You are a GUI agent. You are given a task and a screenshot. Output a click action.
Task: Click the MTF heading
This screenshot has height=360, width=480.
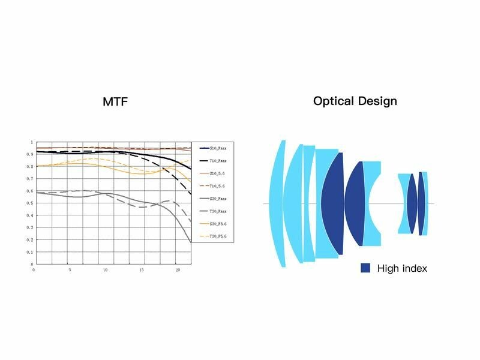115,101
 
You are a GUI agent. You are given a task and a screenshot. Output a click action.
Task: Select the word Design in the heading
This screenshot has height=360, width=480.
377,101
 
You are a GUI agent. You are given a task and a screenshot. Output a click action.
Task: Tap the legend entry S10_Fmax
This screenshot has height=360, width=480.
218,148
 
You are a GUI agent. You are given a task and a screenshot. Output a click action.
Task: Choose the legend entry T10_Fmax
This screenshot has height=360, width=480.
218,161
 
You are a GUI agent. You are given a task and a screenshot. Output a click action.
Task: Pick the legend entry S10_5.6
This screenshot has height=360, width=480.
217,173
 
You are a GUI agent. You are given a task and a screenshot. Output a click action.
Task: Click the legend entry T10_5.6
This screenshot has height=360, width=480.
217,186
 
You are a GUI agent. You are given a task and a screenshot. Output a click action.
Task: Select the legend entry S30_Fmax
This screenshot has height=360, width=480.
218,199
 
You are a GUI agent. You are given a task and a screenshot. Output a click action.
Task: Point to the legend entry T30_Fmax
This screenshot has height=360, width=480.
218,211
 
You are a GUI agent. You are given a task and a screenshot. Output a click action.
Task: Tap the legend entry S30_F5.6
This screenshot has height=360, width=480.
218,224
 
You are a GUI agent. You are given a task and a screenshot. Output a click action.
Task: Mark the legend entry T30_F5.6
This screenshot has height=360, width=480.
218,236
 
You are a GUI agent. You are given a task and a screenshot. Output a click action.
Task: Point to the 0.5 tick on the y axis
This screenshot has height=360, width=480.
29,203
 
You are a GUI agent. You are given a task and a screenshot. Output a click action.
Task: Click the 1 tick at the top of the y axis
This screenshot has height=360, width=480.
30,142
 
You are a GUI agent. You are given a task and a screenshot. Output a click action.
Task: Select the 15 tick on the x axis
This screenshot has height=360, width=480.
141,270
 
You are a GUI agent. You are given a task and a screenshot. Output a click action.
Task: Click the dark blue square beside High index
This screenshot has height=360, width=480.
365,268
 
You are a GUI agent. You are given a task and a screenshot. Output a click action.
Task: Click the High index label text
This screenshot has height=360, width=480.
402,268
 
